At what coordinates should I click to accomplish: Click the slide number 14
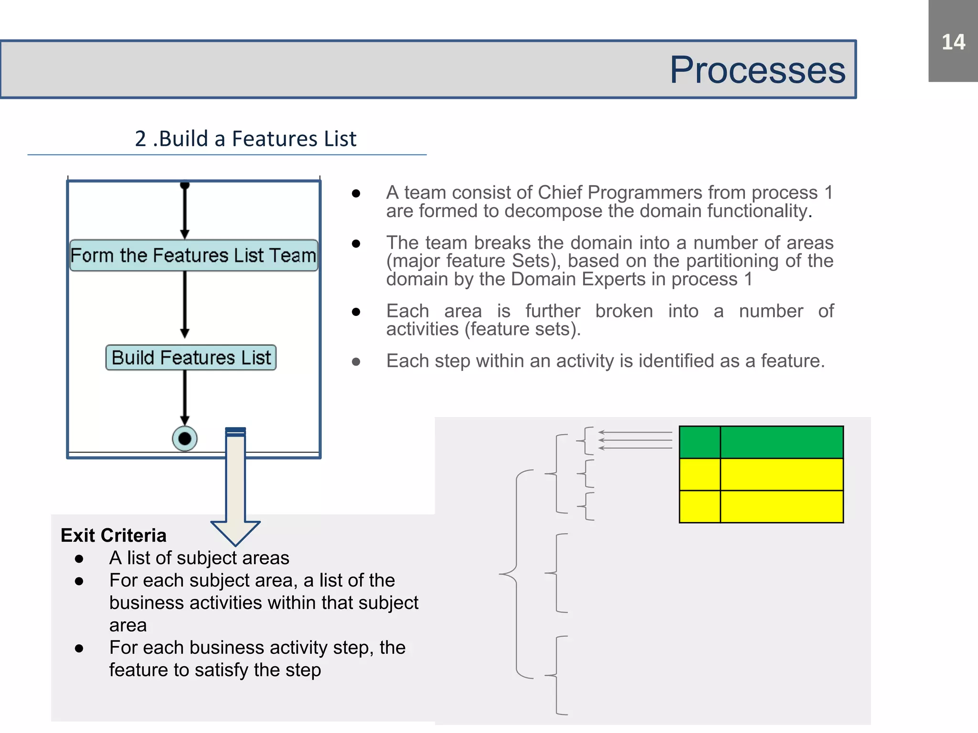(x=953, y=42)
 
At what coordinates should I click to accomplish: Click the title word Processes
(x=757, y=70)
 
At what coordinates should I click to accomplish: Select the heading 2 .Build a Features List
(x=245, y=139)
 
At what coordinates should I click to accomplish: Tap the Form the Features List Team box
(x=193, y=255)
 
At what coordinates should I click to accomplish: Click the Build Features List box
(x=191, y=357)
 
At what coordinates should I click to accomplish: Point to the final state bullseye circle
(x=185, y=438)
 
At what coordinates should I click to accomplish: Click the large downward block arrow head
(x=235, y=532)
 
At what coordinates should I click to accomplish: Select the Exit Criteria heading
(x=114, y=535)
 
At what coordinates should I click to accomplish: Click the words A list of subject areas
(x=199, y=558)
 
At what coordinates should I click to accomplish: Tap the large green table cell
(x=781, y=442)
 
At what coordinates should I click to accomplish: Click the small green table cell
(x=700, y=442)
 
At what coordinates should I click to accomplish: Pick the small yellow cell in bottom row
(x=700, y=507)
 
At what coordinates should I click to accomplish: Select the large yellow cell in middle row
(x=781, y=474)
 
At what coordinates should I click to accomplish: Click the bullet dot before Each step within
(x=356, y=362)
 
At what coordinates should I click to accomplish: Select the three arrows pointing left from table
(x=635, y=440)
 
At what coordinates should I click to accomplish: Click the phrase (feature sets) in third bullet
(x=522, y=329)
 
